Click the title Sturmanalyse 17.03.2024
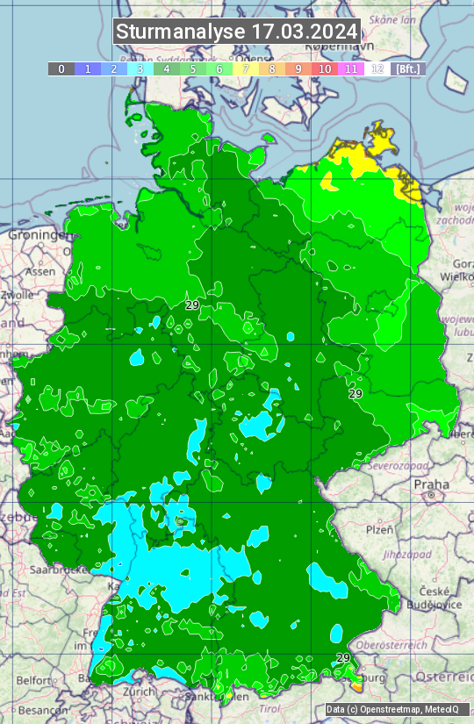[237, 32]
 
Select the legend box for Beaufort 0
[61, 68]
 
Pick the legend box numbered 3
[140, 68]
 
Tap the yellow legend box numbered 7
[246, 68]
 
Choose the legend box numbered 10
[325, 68]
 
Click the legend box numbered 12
[377, 68]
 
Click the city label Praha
[431, 484]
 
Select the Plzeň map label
[379, 530]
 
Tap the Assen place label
[39, 272]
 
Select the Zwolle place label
[18, 295]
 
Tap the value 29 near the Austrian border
[343, 657]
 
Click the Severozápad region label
[396, 465]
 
